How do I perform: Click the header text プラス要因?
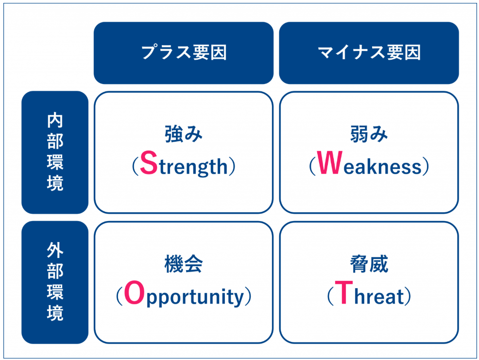[184, 52]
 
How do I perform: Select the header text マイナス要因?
[369, 52]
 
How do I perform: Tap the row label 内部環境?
[55, 152]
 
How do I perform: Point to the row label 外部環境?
[55, 282]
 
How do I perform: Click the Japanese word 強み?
[184, 134]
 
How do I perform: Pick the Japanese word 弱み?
[369, 134]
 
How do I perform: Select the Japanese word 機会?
[184, 264]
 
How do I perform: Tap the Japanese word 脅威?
[369, 264]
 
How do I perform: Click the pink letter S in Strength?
[149, 163]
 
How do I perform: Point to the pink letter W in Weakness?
[329, 163]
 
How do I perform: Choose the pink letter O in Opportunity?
[134, 293]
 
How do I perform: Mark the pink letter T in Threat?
[344, 292]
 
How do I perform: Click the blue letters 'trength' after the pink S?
[193, 167]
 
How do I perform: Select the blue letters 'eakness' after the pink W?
[382, 167]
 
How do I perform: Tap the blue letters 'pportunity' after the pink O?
[195, 297]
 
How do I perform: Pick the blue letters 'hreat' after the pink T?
[379, 295]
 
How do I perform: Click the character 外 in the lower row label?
[55, 250]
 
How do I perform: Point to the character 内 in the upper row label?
[55, 120]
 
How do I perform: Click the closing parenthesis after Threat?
[408, 296]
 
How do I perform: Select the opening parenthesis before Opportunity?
[120, 296]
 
